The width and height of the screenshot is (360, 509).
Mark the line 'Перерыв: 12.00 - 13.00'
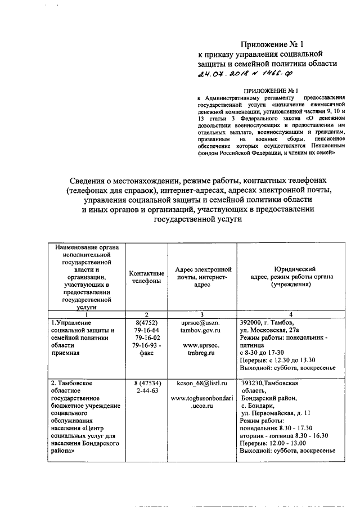[276, 443]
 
